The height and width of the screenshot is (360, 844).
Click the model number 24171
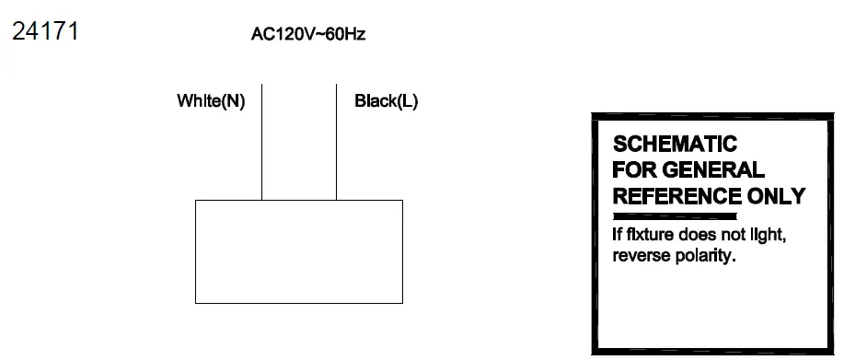coord(44,32)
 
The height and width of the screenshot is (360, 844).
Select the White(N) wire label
coord(211,101)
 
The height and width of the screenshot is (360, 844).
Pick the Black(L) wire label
coord(387,101)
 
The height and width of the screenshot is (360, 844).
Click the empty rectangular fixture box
coord(299,251)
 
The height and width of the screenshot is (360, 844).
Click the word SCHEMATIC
coord(675,145)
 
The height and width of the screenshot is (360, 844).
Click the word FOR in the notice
coord(630,170)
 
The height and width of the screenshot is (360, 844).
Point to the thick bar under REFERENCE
coord(674,215)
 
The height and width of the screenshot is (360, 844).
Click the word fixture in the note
coord(653,235)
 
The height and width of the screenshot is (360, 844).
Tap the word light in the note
coord(767,235)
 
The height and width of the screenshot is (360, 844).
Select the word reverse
coord(642,255)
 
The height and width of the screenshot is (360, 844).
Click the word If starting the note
coord(618,235)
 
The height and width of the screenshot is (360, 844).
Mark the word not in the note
coord(733,235)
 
